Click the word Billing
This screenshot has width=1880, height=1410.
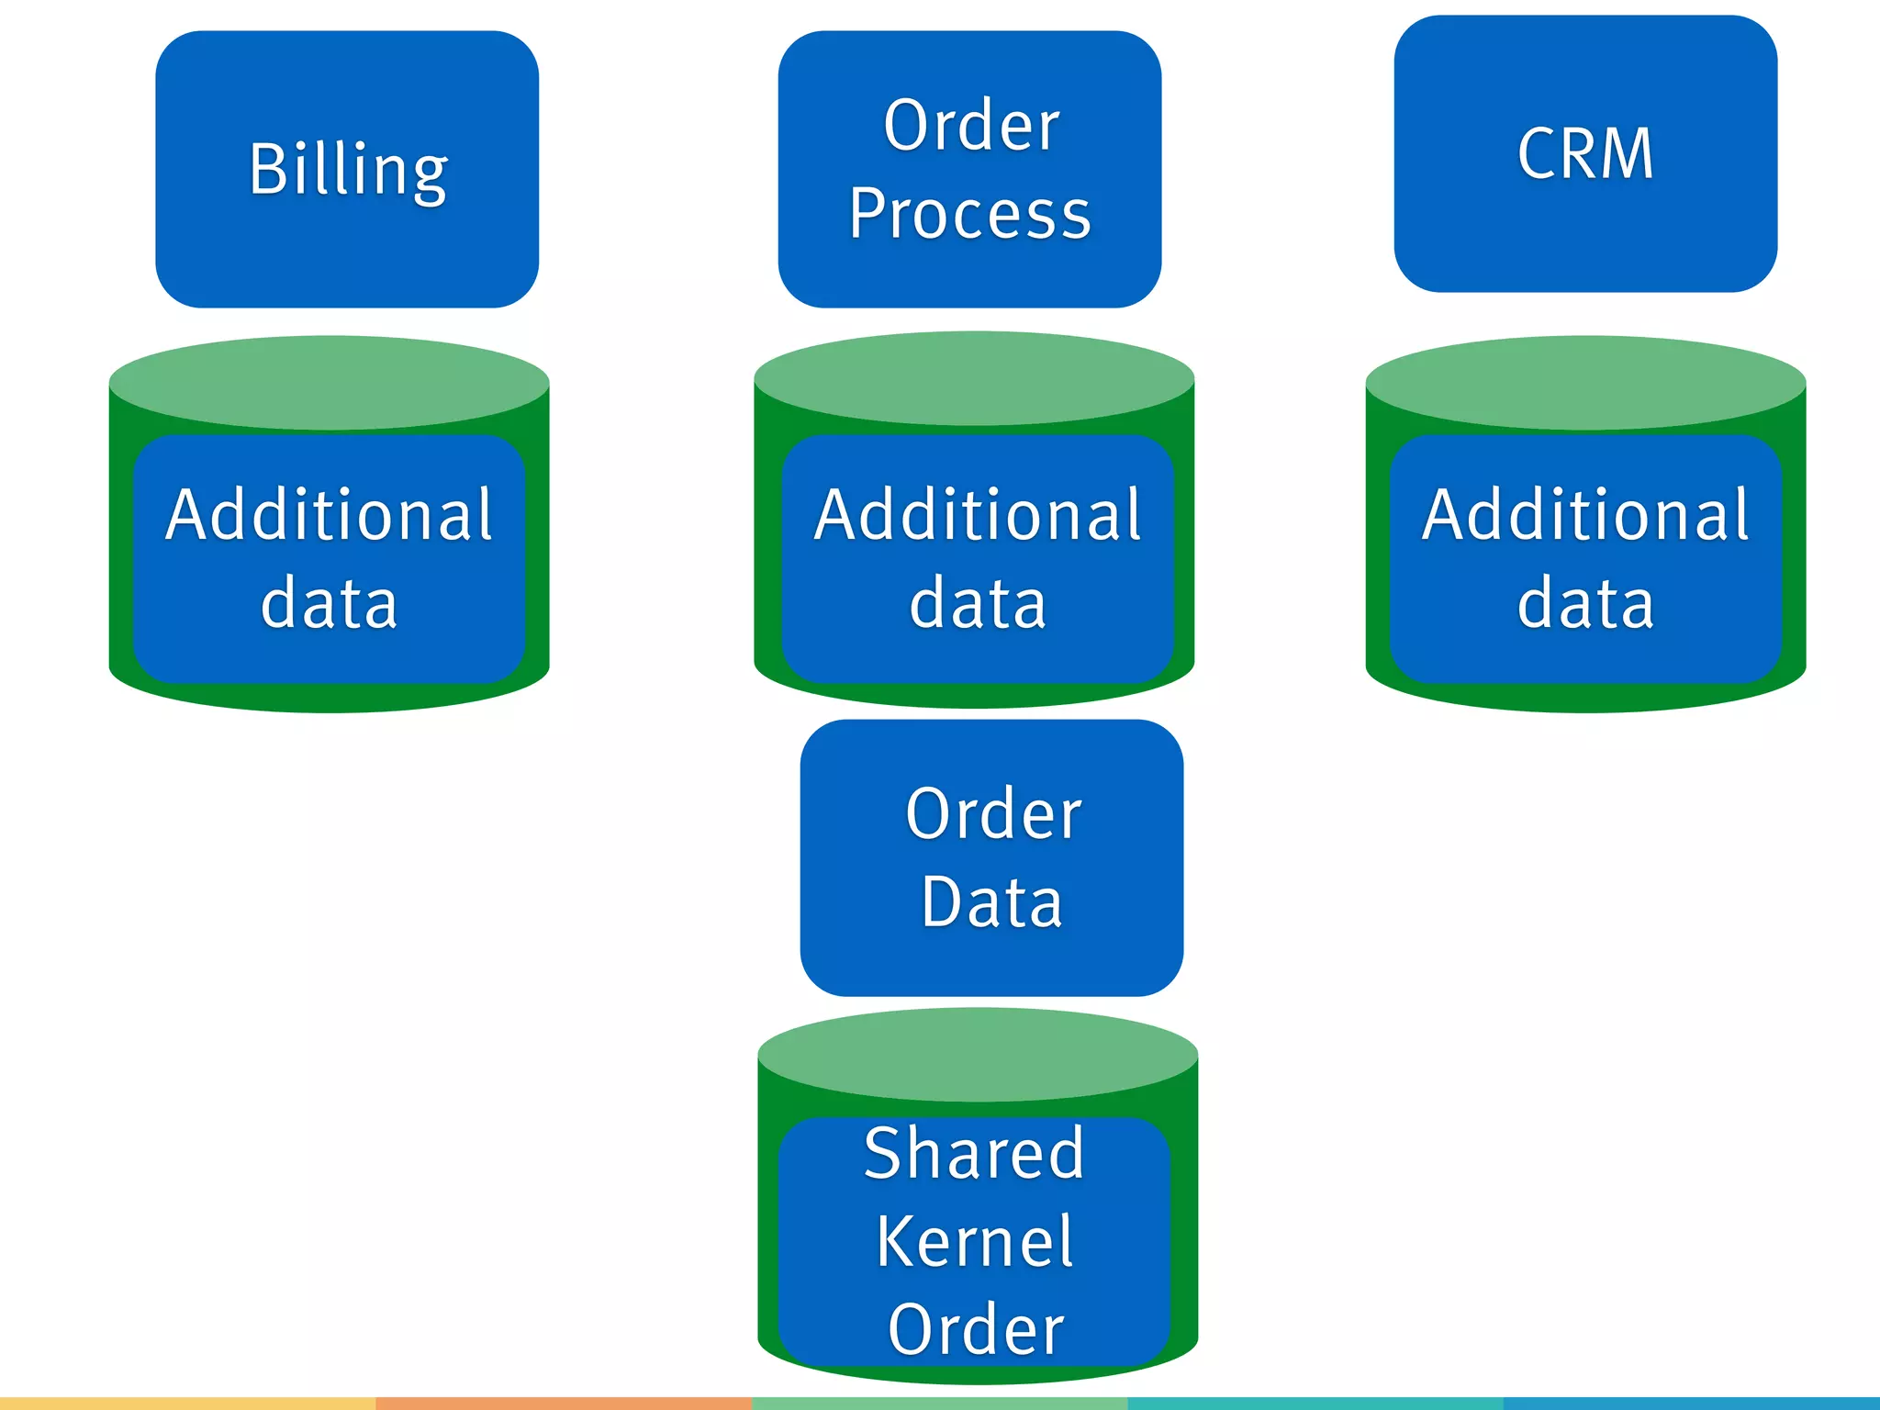[348, 170]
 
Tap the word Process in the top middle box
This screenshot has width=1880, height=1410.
[969, 214]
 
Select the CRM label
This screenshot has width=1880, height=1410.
[1585, 153]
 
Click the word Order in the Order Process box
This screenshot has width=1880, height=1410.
[971, 126]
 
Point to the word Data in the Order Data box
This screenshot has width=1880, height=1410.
[991, 902]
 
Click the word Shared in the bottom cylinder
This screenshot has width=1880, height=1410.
[974, 1153]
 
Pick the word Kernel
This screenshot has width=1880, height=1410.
[974, 1242]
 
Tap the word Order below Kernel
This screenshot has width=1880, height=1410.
[976, 1329]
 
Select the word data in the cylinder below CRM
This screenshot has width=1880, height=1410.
[1585, 603]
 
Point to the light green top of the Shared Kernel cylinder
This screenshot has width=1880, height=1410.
[978, 1054]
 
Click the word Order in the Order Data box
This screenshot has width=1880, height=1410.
[993, 814]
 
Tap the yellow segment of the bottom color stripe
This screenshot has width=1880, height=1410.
[187, 1403]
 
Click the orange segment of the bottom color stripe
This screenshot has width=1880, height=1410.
[564, 1403]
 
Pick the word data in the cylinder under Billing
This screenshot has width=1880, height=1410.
[329, 603]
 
